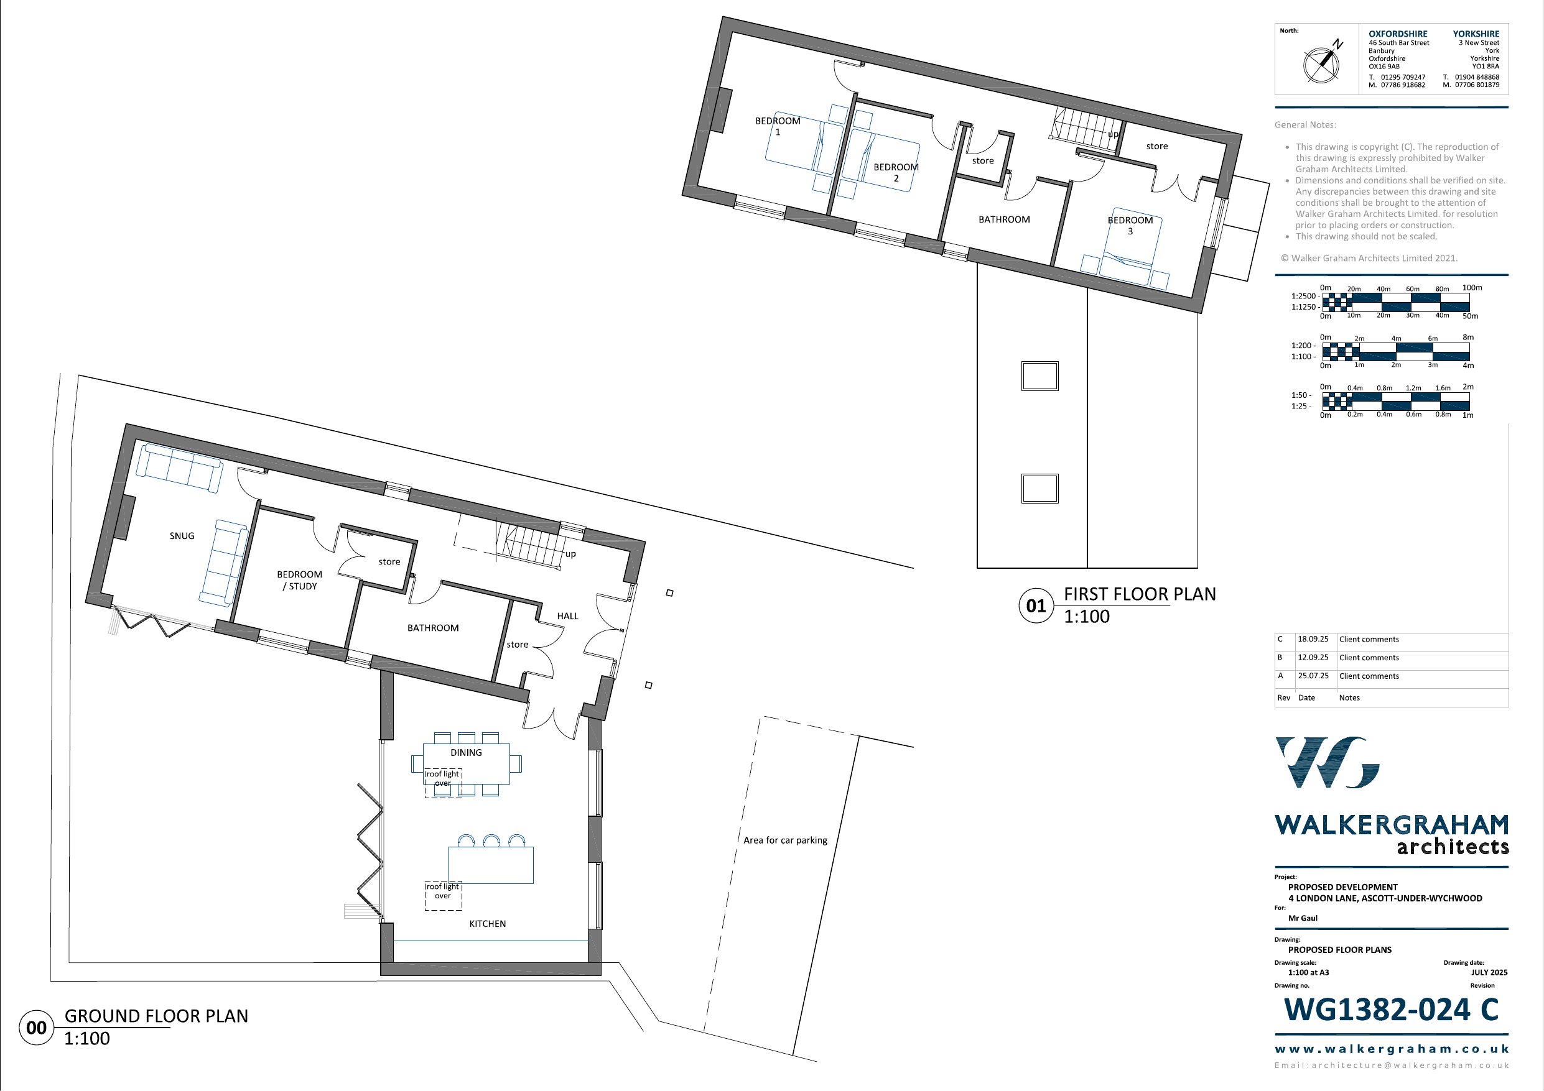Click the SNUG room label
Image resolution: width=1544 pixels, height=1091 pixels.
(x=182, y=536)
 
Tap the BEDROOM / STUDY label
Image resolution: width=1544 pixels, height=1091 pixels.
(x=299, y=580)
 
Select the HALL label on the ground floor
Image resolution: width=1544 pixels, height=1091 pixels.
(x=567, y=615)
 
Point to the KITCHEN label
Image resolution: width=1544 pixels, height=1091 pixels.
(x=488, y=924)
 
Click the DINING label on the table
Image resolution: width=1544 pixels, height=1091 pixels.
(x=466, y=753)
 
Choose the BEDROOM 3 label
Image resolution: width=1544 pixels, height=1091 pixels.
(x=1130, y=225)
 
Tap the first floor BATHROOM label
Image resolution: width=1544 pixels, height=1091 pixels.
(x=1004, y=219)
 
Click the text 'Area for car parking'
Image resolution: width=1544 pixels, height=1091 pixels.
(x=786, y=840)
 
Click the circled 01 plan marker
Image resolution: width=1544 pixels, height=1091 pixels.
(x=1036, y=605)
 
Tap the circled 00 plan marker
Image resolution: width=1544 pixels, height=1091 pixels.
(x=36, y=1028)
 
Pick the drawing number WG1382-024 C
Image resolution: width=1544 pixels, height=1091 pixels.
(x=1392, y=1010)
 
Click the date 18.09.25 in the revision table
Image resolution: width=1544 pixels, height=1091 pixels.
(x=1313, y=639)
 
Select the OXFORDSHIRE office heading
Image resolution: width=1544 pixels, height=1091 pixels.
(x=1398, y=34)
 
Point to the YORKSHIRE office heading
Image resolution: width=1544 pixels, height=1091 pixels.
(x=1476, y=34)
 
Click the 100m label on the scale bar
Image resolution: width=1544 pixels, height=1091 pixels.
(x=1472, y=288)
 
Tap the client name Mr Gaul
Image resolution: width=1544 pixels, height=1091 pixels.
(x=1303, y=918)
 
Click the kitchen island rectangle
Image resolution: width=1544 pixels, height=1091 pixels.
(x=491, y=865)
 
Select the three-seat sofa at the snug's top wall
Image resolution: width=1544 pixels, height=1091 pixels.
(x=180, y=467)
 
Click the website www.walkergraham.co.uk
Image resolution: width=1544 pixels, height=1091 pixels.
(x=1392, y=1049)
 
